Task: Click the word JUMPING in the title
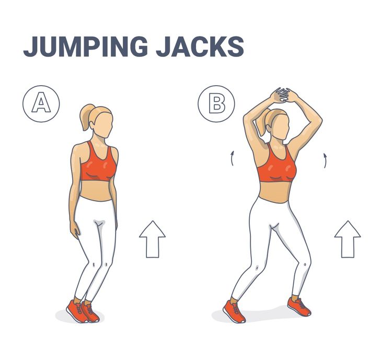coord(85,47)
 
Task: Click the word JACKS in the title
coord(200,47)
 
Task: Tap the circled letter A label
coord(41,104)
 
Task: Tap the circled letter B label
coord(216,104)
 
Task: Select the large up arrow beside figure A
coord(152,239)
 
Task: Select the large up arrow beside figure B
coord(348,239)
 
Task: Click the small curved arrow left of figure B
coord(232,158)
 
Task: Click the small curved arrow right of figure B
coord(325,160)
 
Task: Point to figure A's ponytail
coord(86,117)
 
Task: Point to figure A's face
coord(103,125)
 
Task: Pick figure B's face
coord(281,127)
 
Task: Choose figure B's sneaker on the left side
coord(234,311)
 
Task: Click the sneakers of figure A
coord(83,311)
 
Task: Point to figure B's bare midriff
coord(275,192)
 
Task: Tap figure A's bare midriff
coord(97,191)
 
